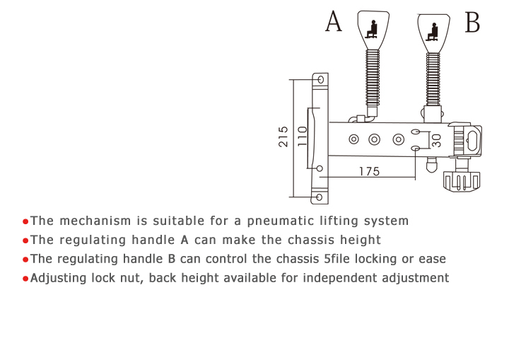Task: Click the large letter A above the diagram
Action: pyautogui.click(x=334, y=23)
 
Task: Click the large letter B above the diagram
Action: pyautogui.click(x=472, y=23)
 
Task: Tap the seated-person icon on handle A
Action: pyautogui.click(x=371, y=30)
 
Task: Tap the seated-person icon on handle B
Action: pyautogui.click(x=433, y=30)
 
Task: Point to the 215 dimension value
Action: pyautogui.click(x=283, y=136)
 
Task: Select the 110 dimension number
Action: pyautogui.click(x=302, y=136)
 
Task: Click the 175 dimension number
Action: pyautogui.click(x=369, y=171)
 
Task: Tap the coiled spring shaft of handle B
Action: pyautogui.click(x=433, y=78)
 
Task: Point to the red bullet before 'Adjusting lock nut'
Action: pyautogui.click(x=25, y=279)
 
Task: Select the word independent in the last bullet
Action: pyautogui.click(x=324, y=278)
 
